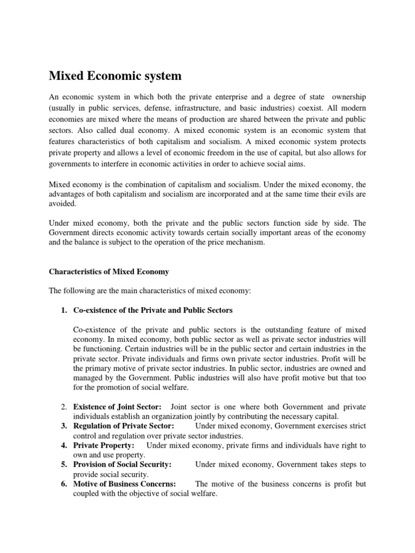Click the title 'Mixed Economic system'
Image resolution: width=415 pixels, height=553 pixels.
click(x=115, y=76)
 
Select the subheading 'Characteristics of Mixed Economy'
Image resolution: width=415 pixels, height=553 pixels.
click(x=109, y=272)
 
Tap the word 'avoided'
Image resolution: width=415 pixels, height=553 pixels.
click(x=63, y=205)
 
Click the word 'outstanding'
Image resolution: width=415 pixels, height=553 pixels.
click(x=270, y=329)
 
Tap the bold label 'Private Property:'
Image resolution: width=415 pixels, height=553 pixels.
click(x=104, y=446)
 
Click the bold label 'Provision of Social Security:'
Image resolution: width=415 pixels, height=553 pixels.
click(x=122, y=464)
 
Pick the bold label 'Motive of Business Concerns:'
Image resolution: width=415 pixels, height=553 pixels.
click(x=124, y=484)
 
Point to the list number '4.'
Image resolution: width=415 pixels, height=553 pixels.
click(x=64, y=446)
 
